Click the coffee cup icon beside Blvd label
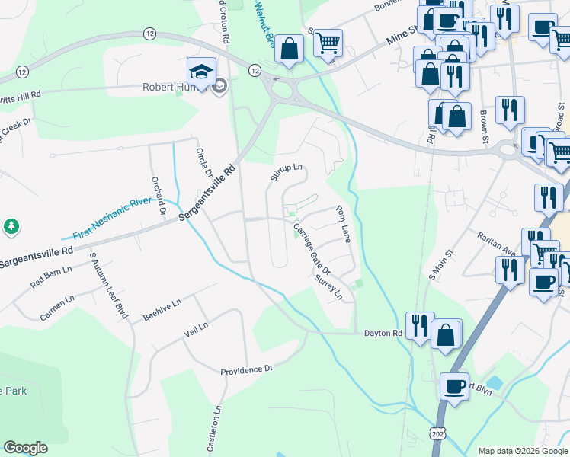[455, 385]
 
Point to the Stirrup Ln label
[286, 172]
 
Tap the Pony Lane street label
[342, 228]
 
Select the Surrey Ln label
[328, 287]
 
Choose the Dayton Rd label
[383, 334]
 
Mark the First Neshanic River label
[114, 223]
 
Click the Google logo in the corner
[25, 448]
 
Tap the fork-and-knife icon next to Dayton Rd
[419, 325]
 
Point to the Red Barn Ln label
[51, 275]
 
